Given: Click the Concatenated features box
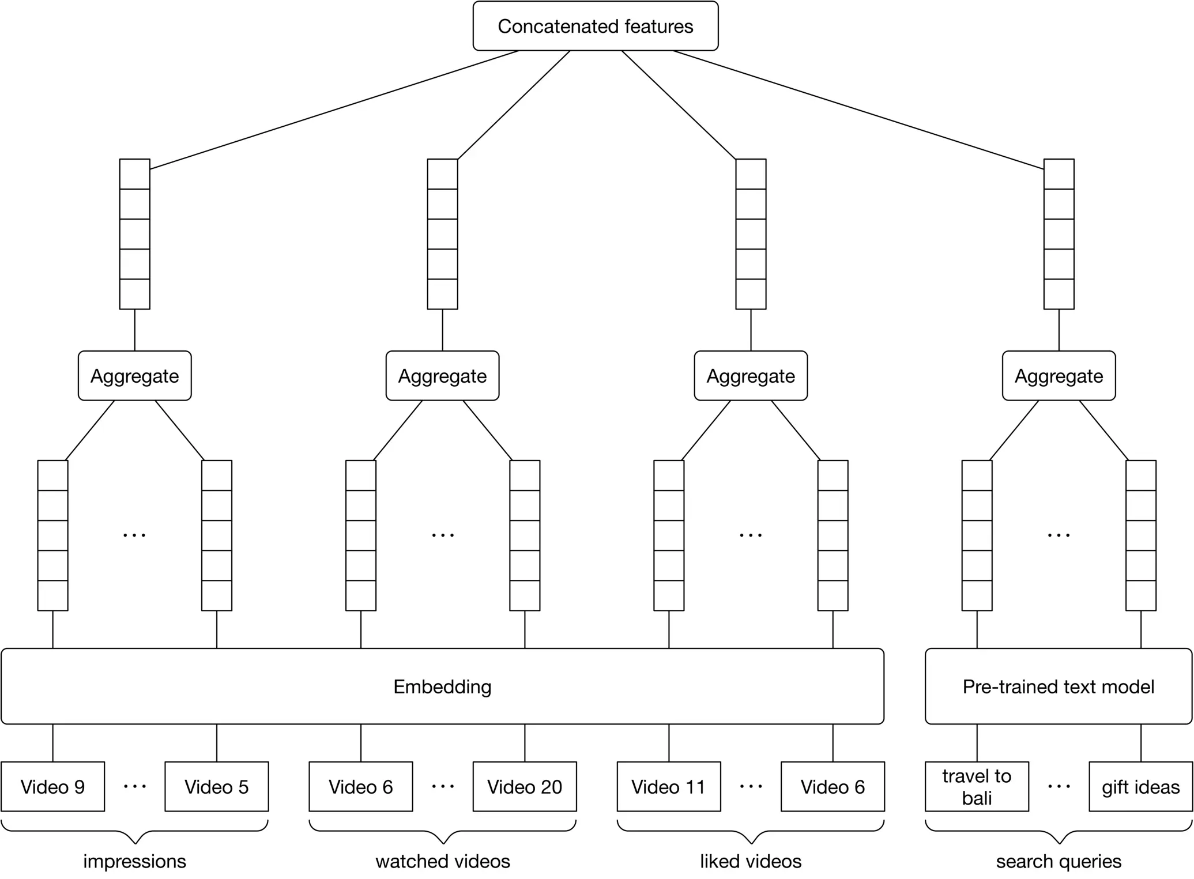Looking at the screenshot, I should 595,26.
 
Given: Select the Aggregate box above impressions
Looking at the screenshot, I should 134,376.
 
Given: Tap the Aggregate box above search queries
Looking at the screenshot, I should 1059,376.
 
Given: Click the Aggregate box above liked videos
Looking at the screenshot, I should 750,376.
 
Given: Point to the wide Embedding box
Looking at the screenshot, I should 442,686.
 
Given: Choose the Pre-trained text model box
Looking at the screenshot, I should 1059,686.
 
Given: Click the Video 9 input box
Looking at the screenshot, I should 52,786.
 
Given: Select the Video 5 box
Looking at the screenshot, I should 216,786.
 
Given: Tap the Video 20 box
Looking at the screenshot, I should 524,786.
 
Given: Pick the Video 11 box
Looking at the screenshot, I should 668,786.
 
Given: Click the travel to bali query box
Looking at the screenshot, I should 977,786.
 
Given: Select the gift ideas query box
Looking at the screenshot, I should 1140,786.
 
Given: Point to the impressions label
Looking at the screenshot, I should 134,861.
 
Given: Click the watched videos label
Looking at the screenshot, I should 442,861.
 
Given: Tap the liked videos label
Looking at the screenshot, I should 750,861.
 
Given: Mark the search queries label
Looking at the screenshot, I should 1059,861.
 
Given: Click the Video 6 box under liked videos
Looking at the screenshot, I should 833,786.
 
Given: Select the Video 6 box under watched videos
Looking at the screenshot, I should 360,786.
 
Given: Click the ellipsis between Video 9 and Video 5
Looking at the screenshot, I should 134,786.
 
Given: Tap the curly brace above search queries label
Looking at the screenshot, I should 1059,832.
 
